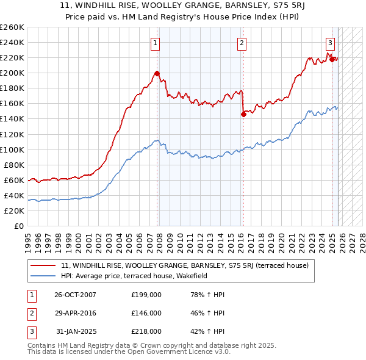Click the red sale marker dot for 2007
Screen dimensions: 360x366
(x=157, y=74)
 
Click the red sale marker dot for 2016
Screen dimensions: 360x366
(x=243, y=114)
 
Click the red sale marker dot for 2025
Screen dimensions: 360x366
(x=332, y=59)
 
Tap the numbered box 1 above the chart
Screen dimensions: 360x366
(x=156, y=43)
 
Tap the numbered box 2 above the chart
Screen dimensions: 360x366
(x=242, y=43)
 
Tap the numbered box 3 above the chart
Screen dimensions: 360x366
(x=330, y=43)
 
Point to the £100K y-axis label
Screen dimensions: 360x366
(x=12, y=149)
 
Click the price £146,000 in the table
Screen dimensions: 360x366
(x=146, y=313)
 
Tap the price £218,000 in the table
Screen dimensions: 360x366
(x=146, y=331)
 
